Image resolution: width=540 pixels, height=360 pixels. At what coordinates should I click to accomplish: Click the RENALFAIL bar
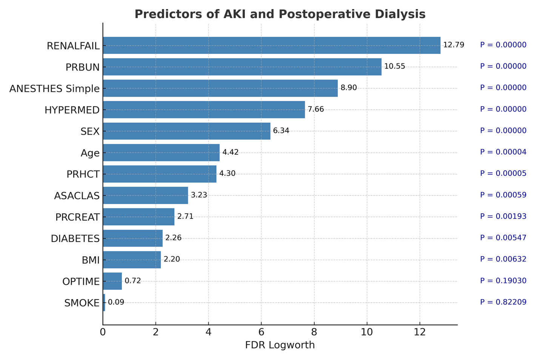(x=271, y=45)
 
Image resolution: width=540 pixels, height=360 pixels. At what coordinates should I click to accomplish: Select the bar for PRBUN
(x=242, y=67)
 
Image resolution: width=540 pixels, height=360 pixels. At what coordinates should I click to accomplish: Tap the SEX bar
(x=186, y=131)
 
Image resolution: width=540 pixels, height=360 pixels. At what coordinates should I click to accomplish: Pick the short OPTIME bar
(x=112, y=281)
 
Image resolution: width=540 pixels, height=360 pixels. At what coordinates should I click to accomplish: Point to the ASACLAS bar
(x=145, y=195)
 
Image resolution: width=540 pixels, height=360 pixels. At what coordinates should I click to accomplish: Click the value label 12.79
(x=453, y=45)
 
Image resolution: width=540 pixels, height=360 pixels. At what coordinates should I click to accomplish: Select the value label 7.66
(x=315, y=110)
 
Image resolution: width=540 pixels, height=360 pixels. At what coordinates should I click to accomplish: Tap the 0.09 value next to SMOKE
(x=116, y=302)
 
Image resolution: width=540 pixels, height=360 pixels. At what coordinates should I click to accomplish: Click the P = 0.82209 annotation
(x=503, y=302)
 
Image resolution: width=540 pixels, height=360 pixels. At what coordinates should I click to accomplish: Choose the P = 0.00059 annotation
(x=503, y=195)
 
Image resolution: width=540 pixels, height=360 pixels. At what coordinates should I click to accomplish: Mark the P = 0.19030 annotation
(x=503, y=281)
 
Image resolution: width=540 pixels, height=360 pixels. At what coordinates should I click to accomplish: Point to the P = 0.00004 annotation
(x=503, y=152)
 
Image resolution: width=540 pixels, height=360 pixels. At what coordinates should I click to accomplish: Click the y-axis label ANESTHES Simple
(x=54, y=89)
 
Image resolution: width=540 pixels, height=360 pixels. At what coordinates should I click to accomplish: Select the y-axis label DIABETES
(x=75, y=239)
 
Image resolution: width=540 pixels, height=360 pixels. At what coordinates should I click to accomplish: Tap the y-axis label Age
(x=90, y=153)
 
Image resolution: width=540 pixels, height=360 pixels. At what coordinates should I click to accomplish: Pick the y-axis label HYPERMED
(x=72, y=110)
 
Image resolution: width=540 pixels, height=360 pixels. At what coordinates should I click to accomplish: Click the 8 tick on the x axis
(x=314, y=332)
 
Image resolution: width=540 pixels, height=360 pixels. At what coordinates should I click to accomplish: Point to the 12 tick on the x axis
(x=420, y=332)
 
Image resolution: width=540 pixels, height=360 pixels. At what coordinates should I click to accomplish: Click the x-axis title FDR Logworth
(x=280, y=345)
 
